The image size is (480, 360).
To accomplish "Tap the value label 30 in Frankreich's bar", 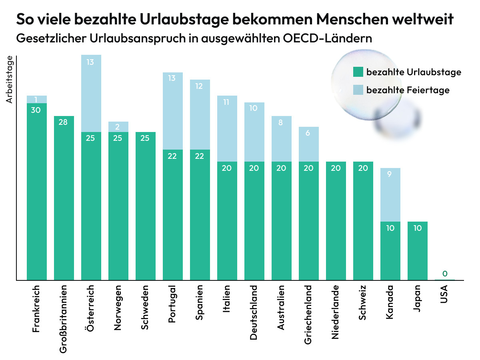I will pos(36,110).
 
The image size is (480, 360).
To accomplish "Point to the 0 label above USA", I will pos(445,274).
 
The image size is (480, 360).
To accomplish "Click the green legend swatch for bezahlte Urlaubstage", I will pos(358,72).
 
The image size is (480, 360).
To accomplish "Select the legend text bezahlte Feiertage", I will pos(408,90).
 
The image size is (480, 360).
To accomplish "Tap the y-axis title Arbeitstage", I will pos(10,80).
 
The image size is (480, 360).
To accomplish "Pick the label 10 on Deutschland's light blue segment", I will pos(254,108).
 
